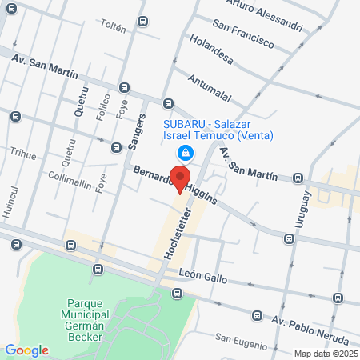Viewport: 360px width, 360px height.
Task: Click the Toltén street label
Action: point(113,28)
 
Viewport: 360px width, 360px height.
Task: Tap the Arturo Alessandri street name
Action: point(265,14)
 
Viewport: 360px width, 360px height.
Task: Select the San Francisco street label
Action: point(243,38)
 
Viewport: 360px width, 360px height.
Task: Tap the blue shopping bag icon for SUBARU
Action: point(185,152)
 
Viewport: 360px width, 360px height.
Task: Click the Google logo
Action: point(27,350)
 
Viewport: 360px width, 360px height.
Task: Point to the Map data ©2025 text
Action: point(325,354)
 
